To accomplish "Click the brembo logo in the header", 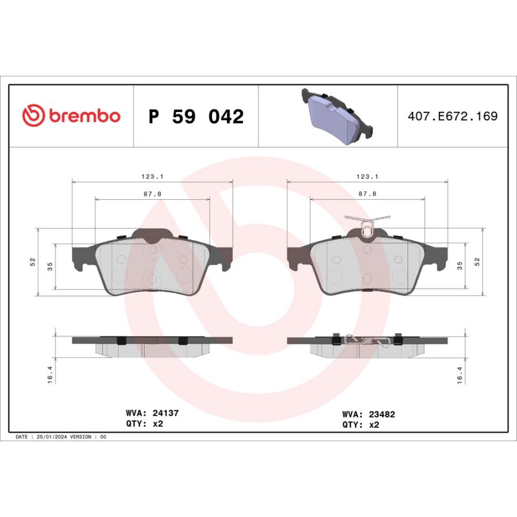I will (x=71, y=115).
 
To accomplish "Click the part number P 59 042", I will (x=196, y=117).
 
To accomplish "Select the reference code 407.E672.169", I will (x=453, y=116).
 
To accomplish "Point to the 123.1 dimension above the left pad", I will (x=152, y=178).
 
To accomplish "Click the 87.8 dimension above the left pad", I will (x=152, y=194).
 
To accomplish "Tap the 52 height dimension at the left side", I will (x=33, y=262).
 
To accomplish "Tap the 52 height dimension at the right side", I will (x=477, y=262).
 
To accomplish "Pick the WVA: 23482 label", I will (x=368, y=414).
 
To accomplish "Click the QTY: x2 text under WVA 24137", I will (x=144, y=425).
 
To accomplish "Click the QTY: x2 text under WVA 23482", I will (x=361, y=425).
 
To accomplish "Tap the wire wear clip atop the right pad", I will (x=366, y=225).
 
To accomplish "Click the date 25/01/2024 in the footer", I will (x=53, y=437).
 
